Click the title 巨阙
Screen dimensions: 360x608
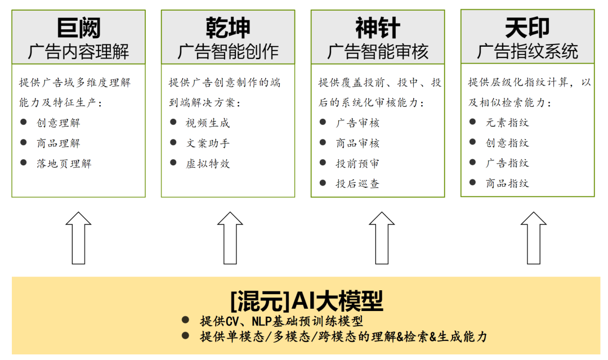point(78,28)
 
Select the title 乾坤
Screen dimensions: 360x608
point(228,28)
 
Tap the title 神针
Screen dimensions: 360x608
point(378,28)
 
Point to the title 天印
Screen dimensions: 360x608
point(527,27)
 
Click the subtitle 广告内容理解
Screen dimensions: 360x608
point(78,52)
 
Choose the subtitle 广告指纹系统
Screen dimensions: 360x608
point(527,52)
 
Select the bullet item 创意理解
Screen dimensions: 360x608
point(59,123)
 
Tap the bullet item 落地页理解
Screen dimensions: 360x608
point(64,163)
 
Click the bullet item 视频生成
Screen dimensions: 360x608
point(208,123)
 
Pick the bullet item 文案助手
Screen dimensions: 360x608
point(208,143)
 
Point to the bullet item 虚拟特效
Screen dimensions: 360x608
point(208,163)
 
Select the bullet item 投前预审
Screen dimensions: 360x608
point(357,163)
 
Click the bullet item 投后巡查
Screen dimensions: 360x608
point(357,183)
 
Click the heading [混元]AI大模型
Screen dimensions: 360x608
point(307,301)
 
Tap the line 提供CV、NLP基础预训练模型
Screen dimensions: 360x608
point(281,321)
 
